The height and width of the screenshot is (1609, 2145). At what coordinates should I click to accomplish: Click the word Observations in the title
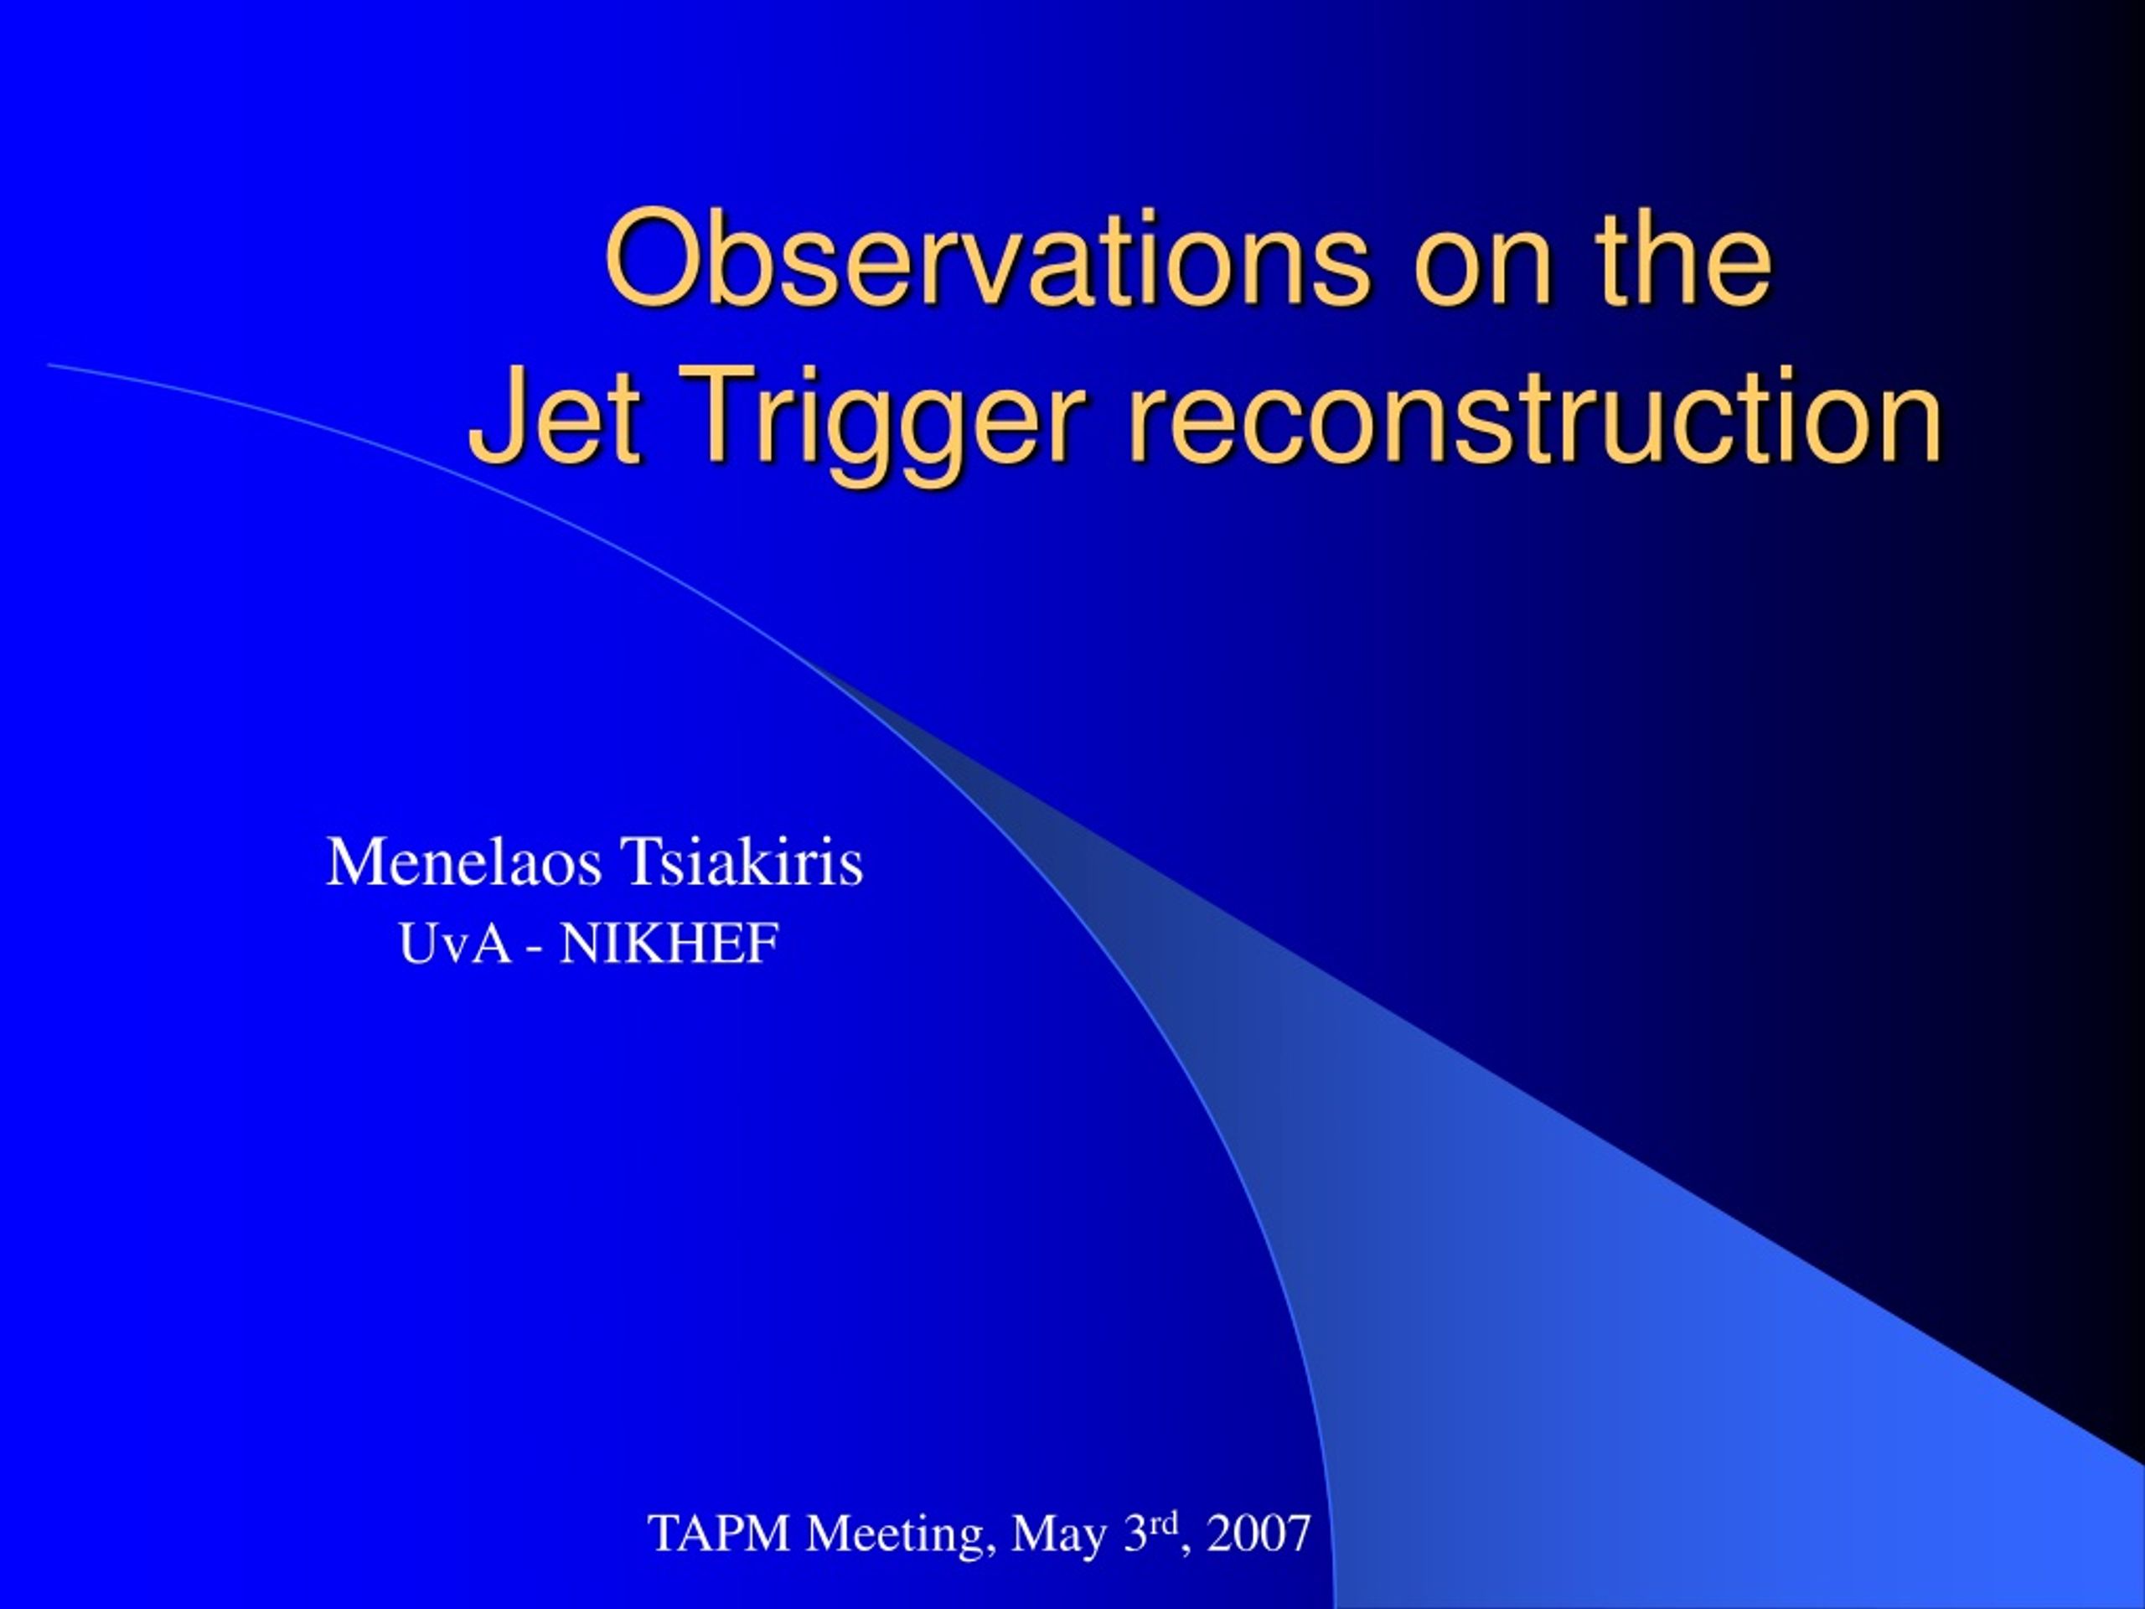(988, 259)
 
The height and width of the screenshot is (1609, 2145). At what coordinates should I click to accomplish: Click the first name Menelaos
(463, 861)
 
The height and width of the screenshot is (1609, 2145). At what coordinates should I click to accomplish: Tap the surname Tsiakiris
(742, 861)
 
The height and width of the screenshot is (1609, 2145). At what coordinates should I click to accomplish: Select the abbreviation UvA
(455, 944)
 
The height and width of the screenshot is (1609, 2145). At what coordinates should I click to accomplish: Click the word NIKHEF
(670, 944)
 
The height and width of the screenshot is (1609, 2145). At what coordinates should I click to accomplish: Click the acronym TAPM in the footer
(719, 1534)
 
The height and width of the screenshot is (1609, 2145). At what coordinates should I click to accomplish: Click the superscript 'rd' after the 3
(1164, 1523)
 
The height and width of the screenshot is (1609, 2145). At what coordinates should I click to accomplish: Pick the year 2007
(1259, 1534)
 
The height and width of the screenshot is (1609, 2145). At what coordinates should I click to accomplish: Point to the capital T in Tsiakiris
(638, 861)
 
